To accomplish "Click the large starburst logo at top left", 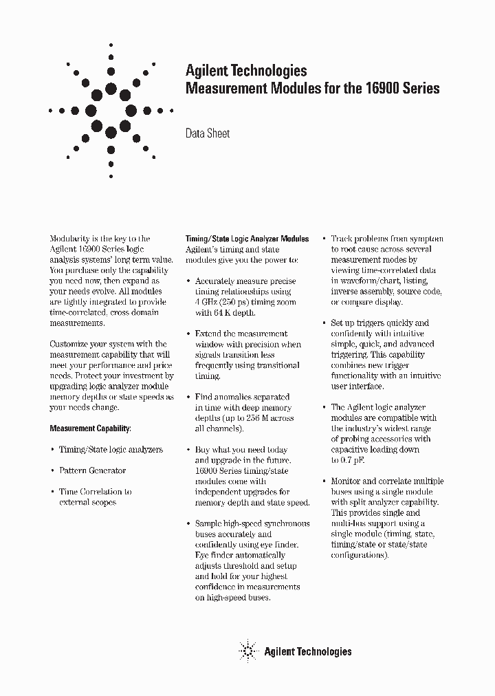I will [x=111, y=110].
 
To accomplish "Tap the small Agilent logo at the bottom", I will [x=247, y=651].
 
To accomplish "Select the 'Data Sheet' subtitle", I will [x=208, y=133].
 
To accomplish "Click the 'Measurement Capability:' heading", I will [x=89, y=428].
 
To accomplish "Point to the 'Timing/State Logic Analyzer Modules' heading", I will [x=247, y=239].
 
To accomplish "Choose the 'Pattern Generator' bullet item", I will [x=92, y=470].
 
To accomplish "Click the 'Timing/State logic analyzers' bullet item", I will [x=111, y=449].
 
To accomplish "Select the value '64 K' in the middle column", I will [x=224, y=313].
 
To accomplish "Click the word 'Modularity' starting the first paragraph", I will [x=70, y=239].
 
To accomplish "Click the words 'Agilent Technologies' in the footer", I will [x=307, y=651].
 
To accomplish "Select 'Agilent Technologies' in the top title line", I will [x=246, y=71].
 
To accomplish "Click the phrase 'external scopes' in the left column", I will [x=87, y=502].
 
